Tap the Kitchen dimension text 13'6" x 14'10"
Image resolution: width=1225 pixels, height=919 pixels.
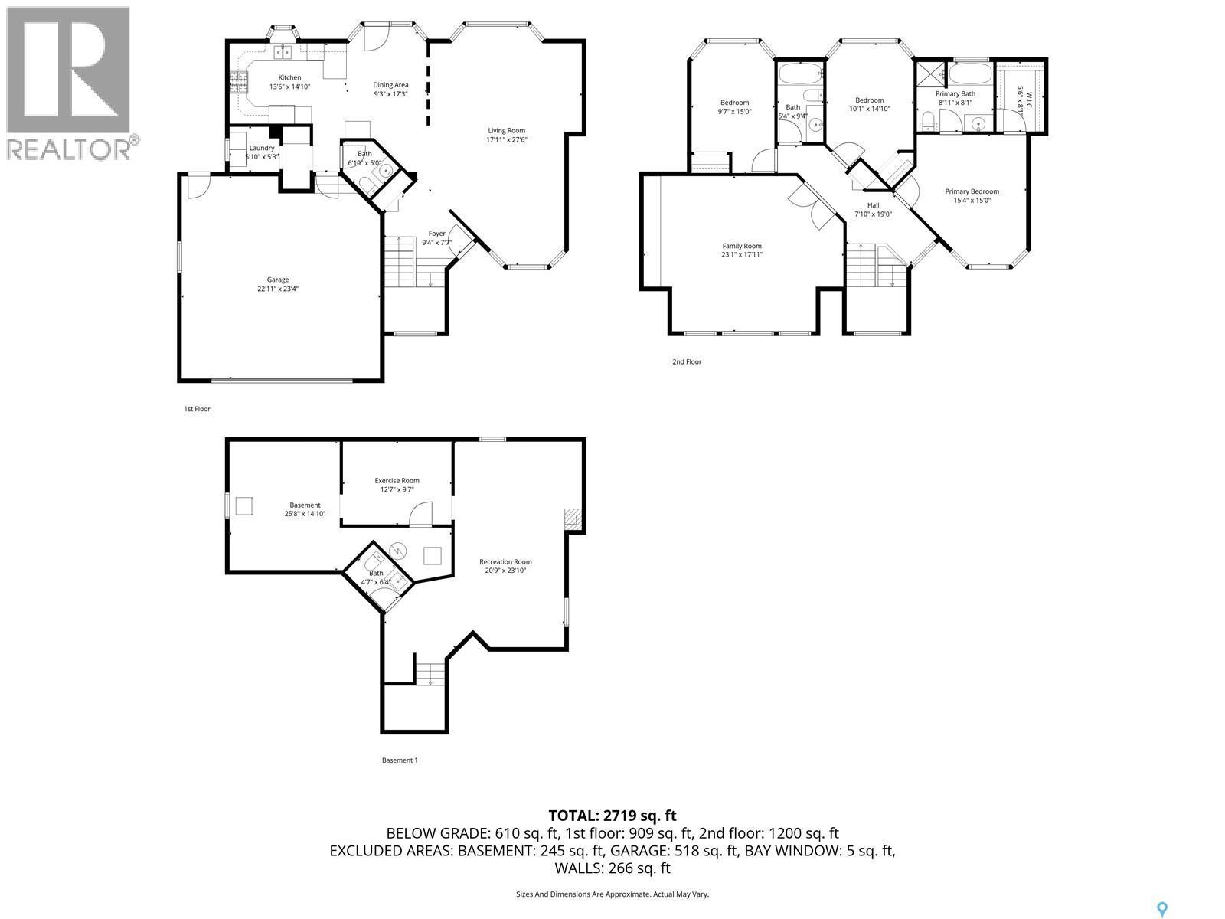(289, 87)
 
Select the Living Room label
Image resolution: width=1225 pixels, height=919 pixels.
(507, 130)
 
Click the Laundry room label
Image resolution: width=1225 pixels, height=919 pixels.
(262, 148)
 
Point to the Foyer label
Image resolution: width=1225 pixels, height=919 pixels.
(436, 234)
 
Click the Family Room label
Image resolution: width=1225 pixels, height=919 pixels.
(742, 246)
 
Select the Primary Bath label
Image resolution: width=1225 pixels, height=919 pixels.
(955, 93)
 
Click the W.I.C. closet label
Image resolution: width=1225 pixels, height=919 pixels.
(1029, 99)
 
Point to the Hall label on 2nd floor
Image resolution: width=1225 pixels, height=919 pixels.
(873, 205)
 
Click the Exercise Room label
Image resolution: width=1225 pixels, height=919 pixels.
(397, 480)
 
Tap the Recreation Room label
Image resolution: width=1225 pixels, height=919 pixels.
(505, 561)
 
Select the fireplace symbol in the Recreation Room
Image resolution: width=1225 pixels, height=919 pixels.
(572, 520)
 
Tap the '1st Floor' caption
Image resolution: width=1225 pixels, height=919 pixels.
(197, 409)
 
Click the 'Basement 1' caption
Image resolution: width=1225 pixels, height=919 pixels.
(400, 760)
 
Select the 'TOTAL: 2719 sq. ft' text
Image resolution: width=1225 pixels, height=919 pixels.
(612, 816)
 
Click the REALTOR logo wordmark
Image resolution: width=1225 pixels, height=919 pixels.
(69, 148)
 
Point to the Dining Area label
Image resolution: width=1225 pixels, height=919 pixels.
(390, 85)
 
